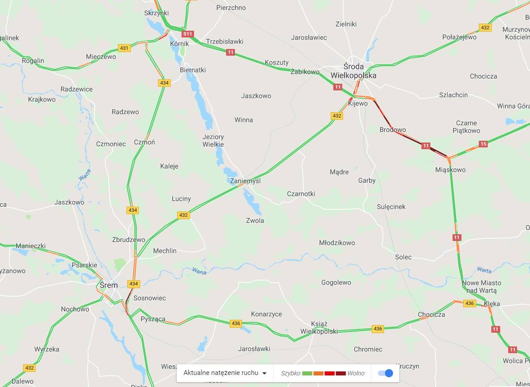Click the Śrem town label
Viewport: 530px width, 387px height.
coord(109,285)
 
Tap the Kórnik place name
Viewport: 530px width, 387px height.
coord(179,44)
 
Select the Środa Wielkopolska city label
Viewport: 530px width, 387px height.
coord(353,71)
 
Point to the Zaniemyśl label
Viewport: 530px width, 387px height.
coord(245,181)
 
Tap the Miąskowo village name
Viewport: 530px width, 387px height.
coord(450,170)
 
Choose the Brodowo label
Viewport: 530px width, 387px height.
coord(392,130)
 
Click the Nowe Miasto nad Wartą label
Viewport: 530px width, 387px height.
coord(481,286)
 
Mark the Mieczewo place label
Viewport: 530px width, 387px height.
coord(101,57)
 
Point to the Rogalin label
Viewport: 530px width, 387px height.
coord(33,61)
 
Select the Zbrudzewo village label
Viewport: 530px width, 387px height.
coord(129,240)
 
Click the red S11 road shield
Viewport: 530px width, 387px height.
coord(188,34)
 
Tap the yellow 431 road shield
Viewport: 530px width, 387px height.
coord(124,48)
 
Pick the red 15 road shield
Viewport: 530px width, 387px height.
coord(483,144)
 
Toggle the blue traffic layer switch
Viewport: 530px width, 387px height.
coord(385,373)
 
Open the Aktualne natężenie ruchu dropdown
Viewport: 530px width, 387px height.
coord(225,373)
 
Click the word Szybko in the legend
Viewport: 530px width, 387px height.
coord(290,373)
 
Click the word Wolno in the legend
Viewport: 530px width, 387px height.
coord(356,373)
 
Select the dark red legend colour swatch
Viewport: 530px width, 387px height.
coord(340,373)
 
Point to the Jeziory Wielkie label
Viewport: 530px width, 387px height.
coord(213,140)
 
